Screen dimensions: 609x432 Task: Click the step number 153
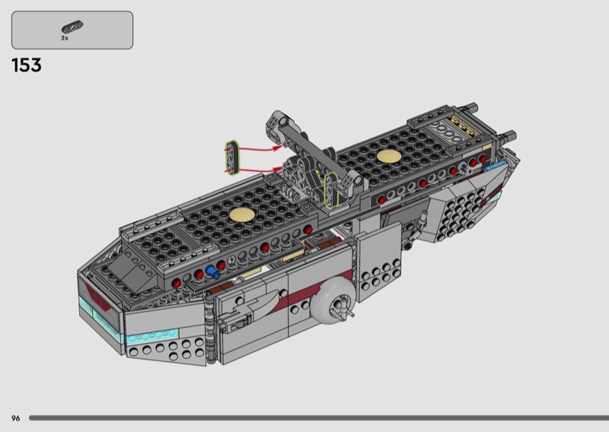point(27,65)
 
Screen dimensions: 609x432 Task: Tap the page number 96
point(15,418)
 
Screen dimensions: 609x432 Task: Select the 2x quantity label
point(65,38)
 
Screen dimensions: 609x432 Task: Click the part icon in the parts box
point(72,27)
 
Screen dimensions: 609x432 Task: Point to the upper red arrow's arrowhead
point(277,148)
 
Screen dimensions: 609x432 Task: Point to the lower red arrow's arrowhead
point(278,169)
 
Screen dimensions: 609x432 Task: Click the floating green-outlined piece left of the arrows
point(232,158)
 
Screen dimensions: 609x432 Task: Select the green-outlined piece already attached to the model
point(331,190)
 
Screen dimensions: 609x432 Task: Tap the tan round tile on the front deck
point(242,214)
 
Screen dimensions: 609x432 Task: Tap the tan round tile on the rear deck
point(389,156)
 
